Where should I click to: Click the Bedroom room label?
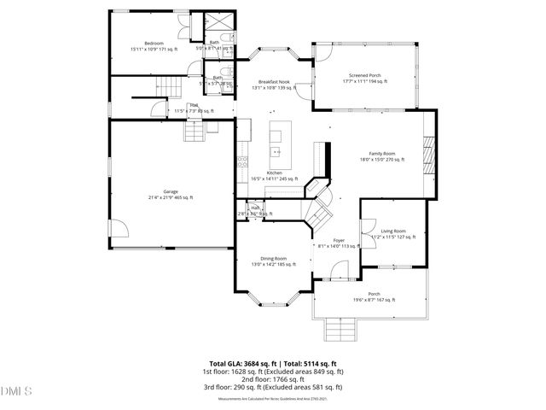tap(154, 43)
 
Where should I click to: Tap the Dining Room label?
tap(273, 258)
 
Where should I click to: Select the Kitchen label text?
tap(274, 173)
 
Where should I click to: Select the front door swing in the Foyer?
tap(338, 272)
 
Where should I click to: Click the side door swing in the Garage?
tap(119, 227)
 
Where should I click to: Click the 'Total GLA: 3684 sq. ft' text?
tap(243, 364)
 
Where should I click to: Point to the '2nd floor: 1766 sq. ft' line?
tap(273, 379)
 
